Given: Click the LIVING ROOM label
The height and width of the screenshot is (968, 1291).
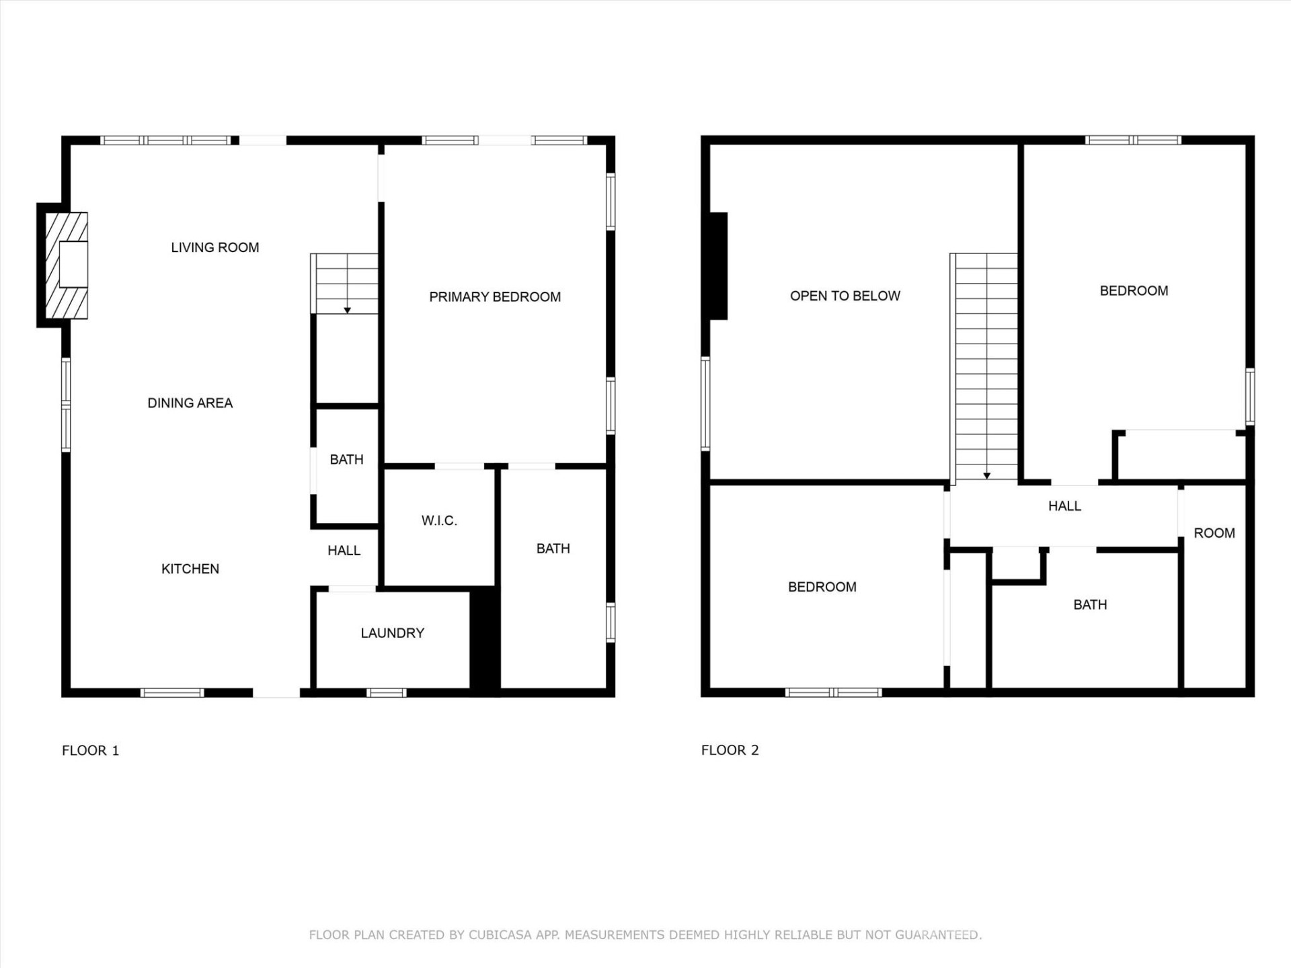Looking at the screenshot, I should tap(214, 247).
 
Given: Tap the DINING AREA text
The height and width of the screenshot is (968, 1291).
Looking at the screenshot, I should tap(190, 403).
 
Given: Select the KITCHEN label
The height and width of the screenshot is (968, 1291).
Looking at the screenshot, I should tap(190, 569).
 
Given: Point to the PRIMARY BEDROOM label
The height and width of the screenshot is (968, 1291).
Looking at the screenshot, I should tap(494, 296).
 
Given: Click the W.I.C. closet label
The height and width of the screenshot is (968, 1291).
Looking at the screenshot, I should tap(439, 520).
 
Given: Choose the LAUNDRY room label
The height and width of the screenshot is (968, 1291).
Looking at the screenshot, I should tap(392, 633).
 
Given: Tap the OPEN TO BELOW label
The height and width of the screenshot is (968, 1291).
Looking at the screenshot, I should tap(845, 296).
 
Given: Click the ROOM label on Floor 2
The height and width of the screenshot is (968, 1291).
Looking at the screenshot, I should tap(1214, 533).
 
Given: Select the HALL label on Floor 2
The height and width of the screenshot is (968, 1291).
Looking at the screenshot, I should tap(1064, 506).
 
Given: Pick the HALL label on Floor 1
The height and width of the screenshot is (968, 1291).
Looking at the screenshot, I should tap(344, 551).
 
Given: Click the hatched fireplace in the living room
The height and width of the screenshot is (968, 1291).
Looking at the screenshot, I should tap(67, 265).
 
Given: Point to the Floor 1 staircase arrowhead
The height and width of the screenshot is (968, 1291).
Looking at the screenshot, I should tap(347, 310).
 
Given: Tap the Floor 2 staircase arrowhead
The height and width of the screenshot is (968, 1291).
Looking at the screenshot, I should tap(986, 475).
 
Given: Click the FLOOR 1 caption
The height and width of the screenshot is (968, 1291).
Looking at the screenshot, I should tap(90, 750).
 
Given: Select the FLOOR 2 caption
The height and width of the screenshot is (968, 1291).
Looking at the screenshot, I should tap(730, 750).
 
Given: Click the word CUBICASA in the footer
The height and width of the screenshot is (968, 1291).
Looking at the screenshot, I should tap(500, 934).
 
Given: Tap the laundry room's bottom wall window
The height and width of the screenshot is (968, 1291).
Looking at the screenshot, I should tap(386, 692).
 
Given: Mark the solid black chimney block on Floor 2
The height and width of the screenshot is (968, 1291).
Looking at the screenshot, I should tap(718, 266).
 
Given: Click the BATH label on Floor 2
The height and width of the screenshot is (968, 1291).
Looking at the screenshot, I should tap(1089, 604).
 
